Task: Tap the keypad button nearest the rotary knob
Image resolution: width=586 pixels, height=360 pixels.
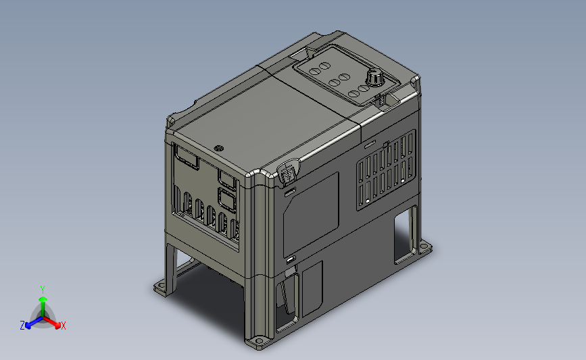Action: tap(363, 87)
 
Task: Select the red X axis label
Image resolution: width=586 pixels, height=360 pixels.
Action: tap(63, 326)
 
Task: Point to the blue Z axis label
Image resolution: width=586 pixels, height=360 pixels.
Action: tap(22, 326)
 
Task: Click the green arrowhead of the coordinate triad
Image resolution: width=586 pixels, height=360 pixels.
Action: tap(42, 298)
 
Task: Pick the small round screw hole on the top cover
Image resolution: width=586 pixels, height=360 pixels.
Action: tap(218, 147)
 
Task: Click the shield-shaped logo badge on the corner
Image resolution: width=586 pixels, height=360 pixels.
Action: tap(287, 173)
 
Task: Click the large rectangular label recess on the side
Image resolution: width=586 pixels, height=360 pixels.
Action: tap(310, 211)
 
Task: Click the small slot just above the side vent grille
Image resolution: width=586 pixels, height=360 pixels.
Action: tap(370, 145)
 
